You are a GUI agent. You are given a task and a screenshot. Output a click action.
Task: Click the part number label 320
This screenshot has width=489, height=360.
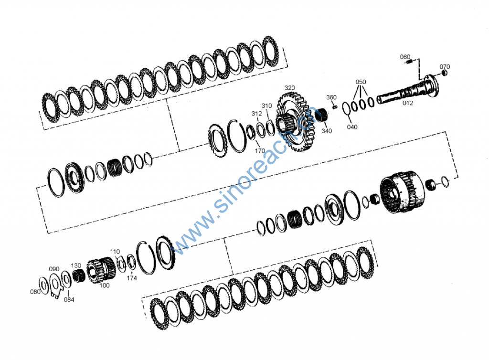[290, 88]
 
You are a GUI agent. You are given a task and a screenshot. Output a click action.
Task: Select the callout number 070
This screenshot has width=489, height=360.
[445, 66]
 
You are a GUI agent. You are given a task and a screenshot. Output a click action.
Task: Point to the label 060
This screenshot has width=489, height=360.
[405, 57]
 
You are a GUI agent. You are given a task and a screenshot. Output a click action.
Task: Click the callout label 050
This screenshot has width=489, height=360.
[361, 82]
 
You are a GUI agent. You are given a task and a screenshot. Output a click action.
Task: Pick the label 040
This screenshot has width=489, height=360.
[352, 127]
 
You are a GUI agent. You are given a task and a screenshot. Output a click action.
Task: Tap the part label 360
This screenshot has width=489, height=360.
[331, 97]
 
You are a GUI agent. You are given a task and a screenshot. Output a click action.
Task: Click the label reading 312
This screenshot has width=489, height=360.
[257, 114]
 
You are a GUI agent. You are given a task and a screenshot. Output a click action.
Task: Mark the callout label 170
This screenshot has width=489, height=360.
[260, 151]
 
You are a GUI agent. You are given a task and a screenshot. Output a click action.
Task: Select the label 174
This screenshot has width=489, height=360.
[132, 277]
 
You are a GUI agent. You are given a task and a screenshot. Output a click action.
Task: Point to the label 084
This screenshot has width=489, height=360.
[69, 300]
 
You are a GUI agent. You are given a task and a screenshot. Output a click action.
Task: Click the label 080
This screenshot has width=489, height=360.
[35, 292]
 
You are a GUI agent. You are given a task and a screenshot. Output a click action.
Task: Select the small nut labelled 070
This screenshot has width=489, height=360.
[444, 73]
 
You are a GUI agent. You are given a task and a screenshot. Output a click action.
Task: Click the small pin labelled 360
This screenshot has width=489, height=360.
[335, 106]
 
